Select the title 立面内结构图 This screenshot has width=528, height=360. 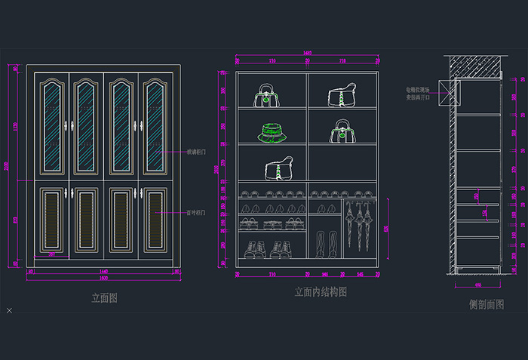(321, 292)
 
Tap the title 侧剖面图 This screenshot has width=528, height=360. (486, 304)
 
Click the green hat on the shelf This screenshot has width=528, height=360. (272, 133)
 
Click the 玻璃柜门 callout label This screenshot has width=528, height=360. (197, 152)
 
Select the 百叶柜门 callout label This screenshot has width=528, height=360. (197, 213)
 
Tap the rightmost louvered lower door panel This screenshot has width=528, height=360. (155, 220)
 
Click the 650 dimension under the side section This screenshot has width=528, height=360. (478, 285)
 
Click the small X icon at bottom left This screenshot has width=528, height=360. (9, 310)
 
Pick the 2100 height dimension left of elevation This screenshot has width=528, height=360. (8, 165)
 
